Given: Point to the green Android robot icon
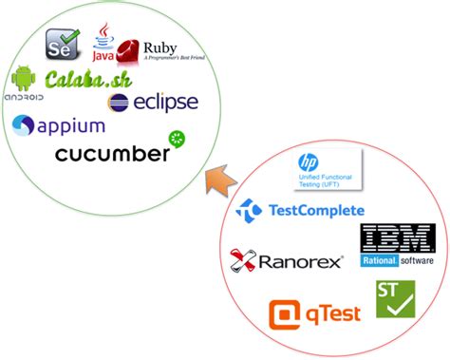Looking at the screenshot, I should click(x=24, y=79).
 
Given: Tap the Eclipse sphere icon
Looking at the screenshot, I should click(x=120, y=103).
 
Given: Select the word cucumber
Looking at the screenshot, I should click(x=112, y=154).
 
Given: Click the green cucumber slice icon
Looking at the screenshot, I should click(x=177, y=140).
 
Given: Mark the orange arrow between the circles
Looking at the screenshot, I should click(x=218, y=177).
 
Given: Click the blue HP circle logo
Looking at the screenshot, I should click(x=308, y=163).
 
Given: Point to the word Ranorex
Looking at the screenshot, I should click(x=301, y=259).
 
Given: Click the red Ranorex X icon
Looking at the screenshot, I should click(x=244, y=259).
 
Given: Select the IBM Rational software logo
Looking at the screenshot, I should click(x=397, y=246).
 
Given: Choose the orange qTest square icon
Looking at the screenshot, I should click(x=284, y=313).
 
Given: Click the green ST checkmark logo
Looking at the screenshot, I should click(x=396, y=299).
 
